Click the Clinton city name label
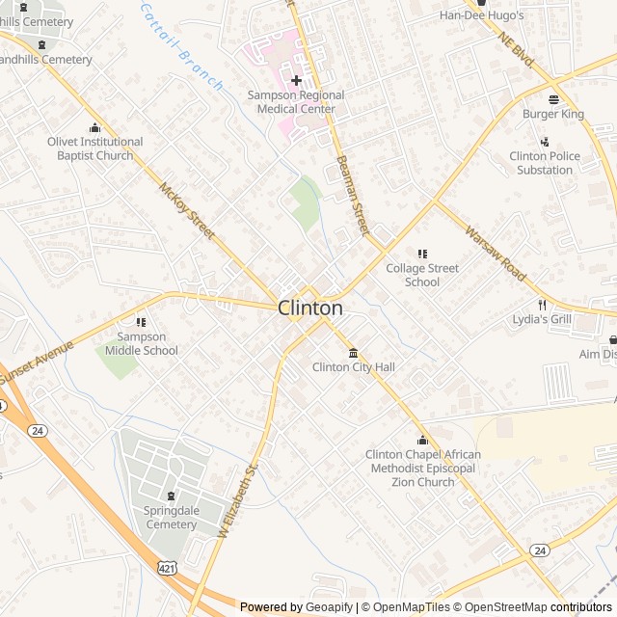310,308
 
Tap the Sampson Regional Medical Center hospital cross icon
296,80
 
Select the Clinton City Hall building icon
353,352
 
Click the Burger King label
553,114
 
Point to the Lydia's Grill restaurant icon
542,304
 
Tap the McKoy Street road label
188,212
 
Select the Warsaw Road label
496,253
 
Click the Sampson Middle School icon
142,322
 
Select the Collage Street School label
422,275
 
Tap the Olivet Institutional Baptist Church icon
94,127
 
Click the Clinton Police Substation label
545,163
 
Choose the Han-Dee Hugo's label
481,15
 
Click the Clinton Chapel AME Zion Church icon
422,440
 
